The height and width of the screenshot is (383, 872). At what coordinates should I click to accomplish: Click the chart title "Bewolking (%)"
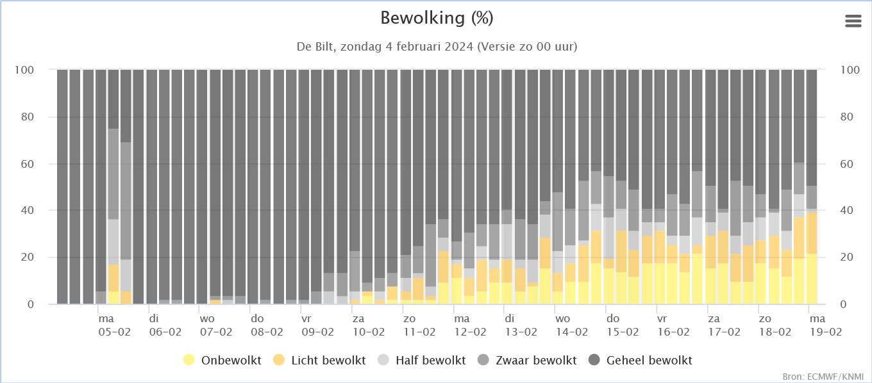(x=437, y=19)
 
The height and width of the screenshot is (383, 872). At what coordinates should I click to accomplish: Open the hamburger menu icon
(x=853, y=21)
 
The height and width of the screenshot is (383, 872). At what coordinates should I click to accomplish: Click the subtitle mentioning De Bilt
(x=437, y=47)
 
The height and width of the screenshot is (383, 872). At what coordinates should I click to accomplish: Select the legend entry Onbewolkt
(x=222, y=360)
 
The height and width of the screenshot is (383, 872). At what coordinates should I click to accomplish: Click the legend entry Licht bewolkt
(x=319, y=360)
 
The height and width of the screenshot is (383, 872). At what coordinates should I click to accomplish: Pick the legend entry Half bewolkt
(x=422, y=360)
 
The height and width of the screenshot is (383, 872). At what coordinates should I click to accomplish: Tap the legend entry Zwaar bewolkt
(x=527, y=360)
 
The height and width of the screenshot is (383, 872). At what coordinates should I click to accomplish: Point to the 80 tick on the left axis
(x=28, y=117)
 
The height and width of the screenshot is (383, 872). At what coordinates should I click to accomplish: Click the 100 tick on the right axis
(x=850, y=70)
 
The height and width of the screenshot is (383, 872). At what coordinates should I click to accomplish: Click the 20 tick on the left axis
(x=28, y=257)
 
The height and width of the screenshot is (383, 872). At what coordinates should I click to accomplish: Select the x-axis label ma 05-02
(x=114, y=325)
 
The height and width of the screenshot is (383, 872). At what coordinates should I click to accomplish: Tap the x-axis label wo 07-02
(x=216, y=325)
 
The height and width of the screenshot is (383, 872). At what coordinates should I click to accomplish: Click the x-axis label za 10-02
(x=369, y=325)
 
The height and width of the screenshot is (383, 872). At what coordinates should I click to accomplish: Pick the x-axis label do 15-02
(x=623, y=325)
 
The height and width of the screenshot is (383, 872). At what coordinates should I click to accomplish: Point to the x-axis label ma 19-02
(x=826, y=325)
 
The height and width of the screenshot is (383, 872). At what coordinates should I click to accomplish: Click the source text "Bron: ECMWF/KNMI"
(x=823, y=377)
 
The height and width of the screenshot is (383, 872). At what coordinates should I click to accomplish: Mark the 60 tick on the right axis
(x=847, y=164)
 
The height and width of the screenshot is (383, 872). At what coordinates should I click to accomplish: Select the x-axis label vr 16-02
(x=673, y=325)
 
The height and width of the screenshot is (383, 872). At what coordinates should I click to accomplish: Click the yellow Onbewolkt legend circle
(x=189, y=360)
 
